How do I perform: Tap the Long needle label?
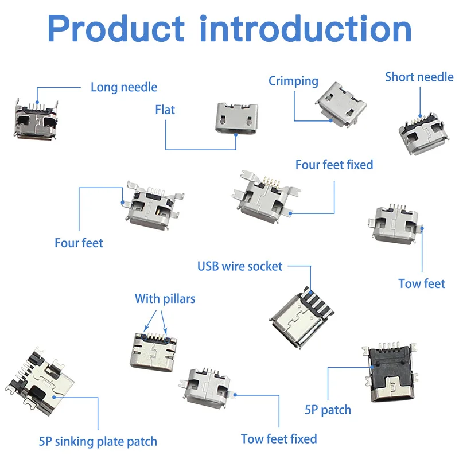pyautogui.click(x=123, y=87)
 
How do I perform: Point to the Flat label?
pyautogui.click(x=165, y=109)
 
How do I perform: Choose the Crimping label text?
pyautogui.click(x=293, y=81)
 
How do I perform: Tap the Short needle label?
pyautogui.click(x=419, y=77)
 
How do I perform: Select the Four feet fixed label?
pyautogui.click(x=334, y=165)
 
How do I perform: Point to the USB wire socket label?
pyautogui.click(x=240, y=266)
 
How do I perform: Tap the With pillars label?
pyautogui.click(x=165, y=299)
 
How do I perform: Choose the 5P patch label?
pyautogui.click(x=328, y=410)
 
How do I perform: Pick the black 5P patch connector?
pyautogui.click(x=390, y=376)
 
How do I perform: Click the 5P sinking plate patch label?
pyautogui.click(x=98, y=442)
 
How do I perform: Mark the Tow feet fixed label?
pyautogui.click(x=279, y=439)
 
